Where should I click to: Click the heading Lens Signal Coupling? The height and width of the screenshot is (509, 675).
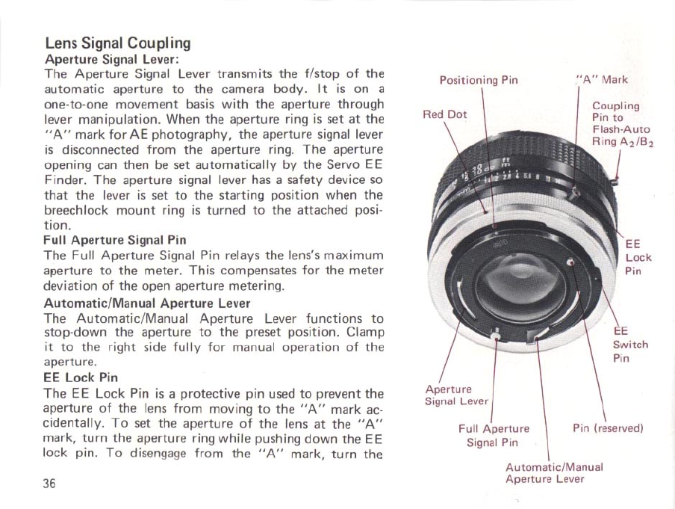point(117,43)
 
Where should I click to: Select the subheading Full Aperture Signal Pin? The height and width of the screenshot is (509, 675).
point(115,240)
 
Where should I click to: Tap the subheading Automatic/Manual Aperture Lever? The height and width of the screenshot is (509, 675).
point(147,304)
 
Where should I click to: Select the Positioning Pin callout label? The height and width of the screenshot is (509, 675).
point(478,80)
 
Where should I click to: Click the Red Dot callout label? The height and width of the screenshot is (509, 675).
point(444,114)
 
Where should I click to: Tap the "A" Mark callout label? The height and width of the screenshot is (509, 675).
point(602,79)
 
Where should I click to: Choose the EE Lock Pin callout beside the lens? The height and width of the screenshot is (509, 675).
point(637,257)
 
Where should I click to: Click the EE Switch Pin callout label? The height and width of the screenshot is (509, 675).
point(629,345)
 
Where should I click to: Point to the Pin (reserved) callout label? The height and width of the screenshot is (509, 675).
point(607,428)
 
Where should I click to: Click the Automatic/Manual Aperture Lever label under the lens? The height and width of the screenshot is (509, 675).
point(553,472)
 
